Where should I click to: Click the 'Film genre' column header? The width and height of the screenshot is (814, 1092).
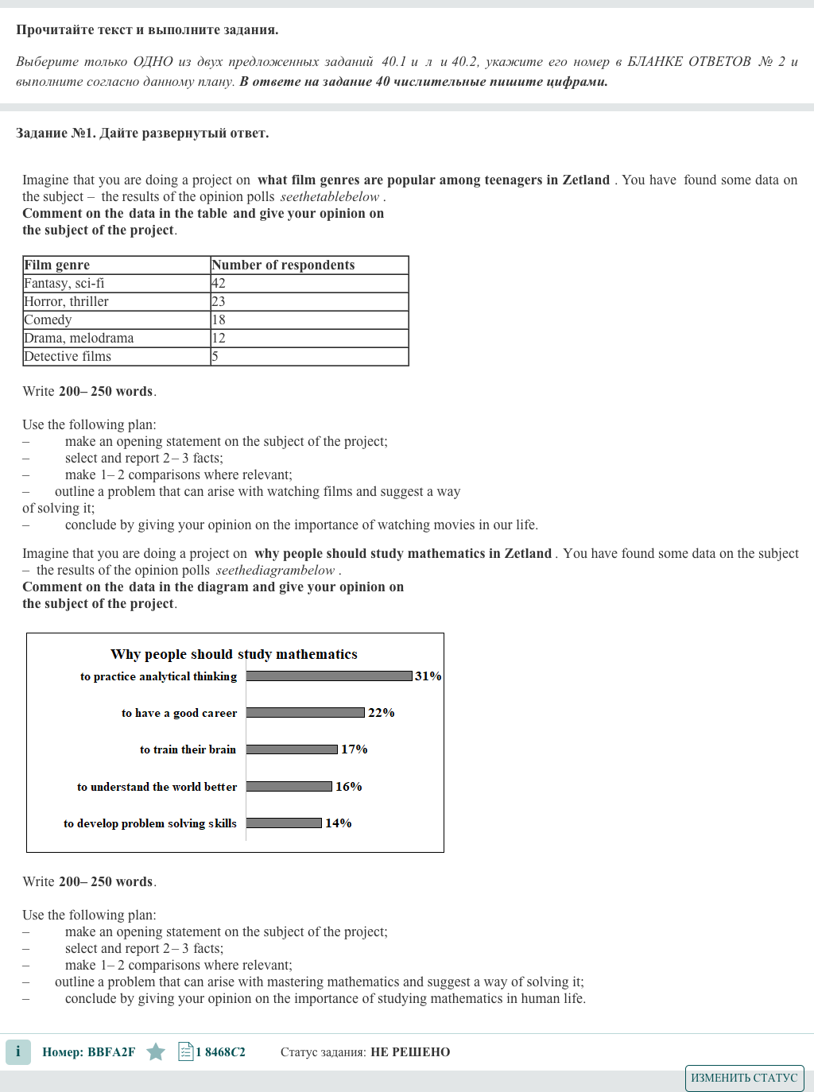click(x=57, y=265)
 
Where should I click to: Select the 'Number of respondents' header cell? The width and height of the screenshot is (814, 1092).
click(x=283, y=265)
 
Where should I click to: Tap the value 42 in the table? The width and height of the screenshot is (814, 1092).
click(x=219, y=283)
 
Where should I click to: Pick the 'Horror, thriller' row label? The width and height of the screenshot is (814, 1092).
click(x=67, y=301)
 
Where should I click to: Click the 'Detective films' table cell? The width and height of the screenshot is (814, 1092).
click(x=68, y=356)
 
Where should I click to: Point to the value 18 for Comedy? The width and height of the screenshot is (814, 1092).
click(x=219, y=319)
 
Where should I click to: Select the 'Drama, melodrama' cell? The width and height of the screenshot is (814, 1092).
click(x=79, y=338)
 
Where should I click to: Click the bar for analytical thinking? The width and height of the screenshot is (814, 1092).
click(x=329, y=676)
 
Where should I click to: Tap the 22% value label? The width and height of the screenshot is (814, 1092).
click(x=382, y=713)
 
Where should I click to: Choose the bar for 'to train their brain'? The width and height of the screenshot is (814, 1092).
click(x=292, y=749)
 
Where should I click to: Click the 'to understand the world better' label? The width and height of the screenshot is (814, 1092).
click(x=157, y=787)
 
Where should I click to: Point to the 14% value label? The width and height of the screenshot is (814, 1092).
click(x=339, y=823)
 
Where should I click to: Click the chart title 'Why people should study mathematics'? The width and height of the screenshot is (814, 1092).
click(x=234, y=654)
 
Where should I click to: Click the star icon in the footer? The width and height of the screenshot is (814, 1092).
click(x=156, y=1052)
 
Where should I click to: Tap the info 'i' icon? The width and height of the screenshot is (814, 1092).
click(x=17, y=1051)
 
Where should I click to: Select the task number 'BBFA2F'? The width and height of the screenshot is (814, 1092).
click(x=111, y=1052)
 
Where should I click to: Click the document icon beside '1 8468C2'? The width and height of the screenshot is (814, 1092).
click(x=186, y=1052)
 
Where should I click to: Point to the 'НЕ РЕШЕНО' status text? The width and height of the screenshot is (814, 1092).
click(x=410, y=1052)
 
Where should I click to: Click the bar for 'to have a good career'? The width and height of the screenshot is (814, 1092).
click(x=305, y=713)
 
